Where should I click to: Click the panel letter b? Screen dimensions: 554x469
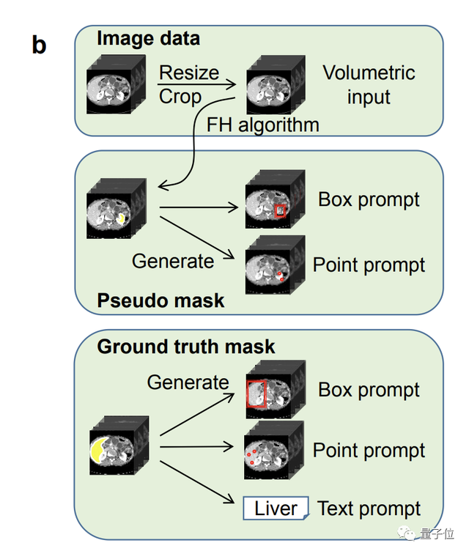coord(39,45)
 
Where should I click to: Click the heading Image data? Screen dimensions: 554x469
coord(148,38)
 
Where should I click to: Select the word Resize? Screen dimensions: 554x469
coord(189,73)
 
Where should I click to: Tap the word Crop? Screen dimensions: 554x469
coord(180,97)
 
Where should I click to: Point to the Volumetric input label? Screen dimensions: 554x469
coord(369,85)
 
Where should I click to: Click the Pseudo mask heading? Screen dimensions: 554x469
coord(160,300)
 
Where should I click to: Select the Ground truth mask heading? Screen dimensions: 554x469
coord(186,347)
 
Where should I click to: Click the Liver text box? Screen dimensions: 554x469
coord(276,509)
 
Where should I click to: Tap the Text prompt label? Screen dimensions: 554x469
coord(369,509)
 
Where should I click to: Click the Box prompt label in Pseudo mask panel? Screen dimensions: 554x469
coord(369,200)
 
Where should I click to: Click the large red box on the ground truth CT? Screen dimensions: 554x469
coord(256,394)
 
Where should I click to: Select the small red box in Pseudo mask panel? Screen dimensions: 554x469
coord(281,211)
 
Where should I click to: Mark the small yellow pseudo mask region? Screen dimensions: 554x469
coord(122,218)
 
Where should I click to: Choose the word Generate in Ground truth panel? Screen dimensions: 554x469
coord(188,383)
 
